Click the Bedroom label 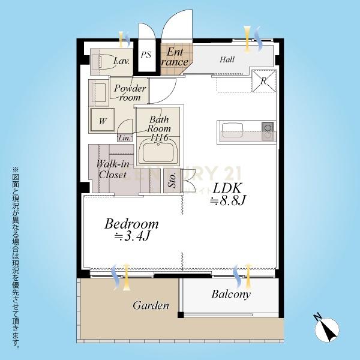pos(131,224)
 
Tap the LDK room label pos(227,188)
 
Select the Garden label pos(151,305)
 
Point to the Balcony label pos(231,295)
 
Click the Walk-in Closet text pos(113,169)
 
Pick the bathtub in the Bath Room pos(158,151)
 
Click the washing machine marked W pos(103,120)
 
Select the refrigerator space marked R pos(264,80)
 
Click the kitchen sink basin pos(232,130)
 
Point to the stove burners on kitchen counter pos(268,131)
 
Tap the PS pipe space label pos(146,55)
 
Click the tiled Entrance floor pos(175,59)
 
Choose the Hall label pos(227,59)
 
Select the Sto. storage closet pos(172,181)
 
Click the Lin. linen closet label pos(125,139)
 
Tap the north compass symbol pos(326,329)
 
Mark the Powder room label pos(130,93)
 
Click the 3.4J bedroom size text pos(133,236)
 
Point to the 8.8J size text pos(228,200)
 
